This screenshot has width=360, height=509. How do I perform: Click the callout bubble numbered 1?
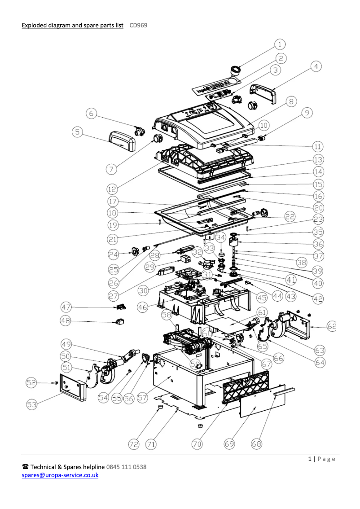point(280,44)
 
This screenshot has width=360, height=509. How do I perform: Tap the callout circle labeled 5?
point(78,132)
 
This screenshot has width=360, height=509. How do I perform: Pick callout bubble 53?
point(31,404)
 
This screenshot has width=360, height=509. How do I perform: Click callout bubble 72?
point(134,444)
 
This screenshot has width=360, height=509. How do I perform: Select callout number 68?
point(256,444)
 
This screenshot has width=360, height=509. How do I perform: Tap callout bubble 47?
point(67,307)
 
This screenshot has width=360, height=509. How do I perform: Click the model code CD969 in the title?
point(138,26)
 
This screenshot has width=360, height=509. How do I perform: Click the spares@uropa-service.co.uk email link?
point(60,475)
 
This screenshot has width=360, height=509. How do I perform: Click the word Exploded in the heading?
point(34,26)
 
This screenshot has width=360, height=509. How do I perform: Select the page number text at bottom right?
point(321,459)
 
